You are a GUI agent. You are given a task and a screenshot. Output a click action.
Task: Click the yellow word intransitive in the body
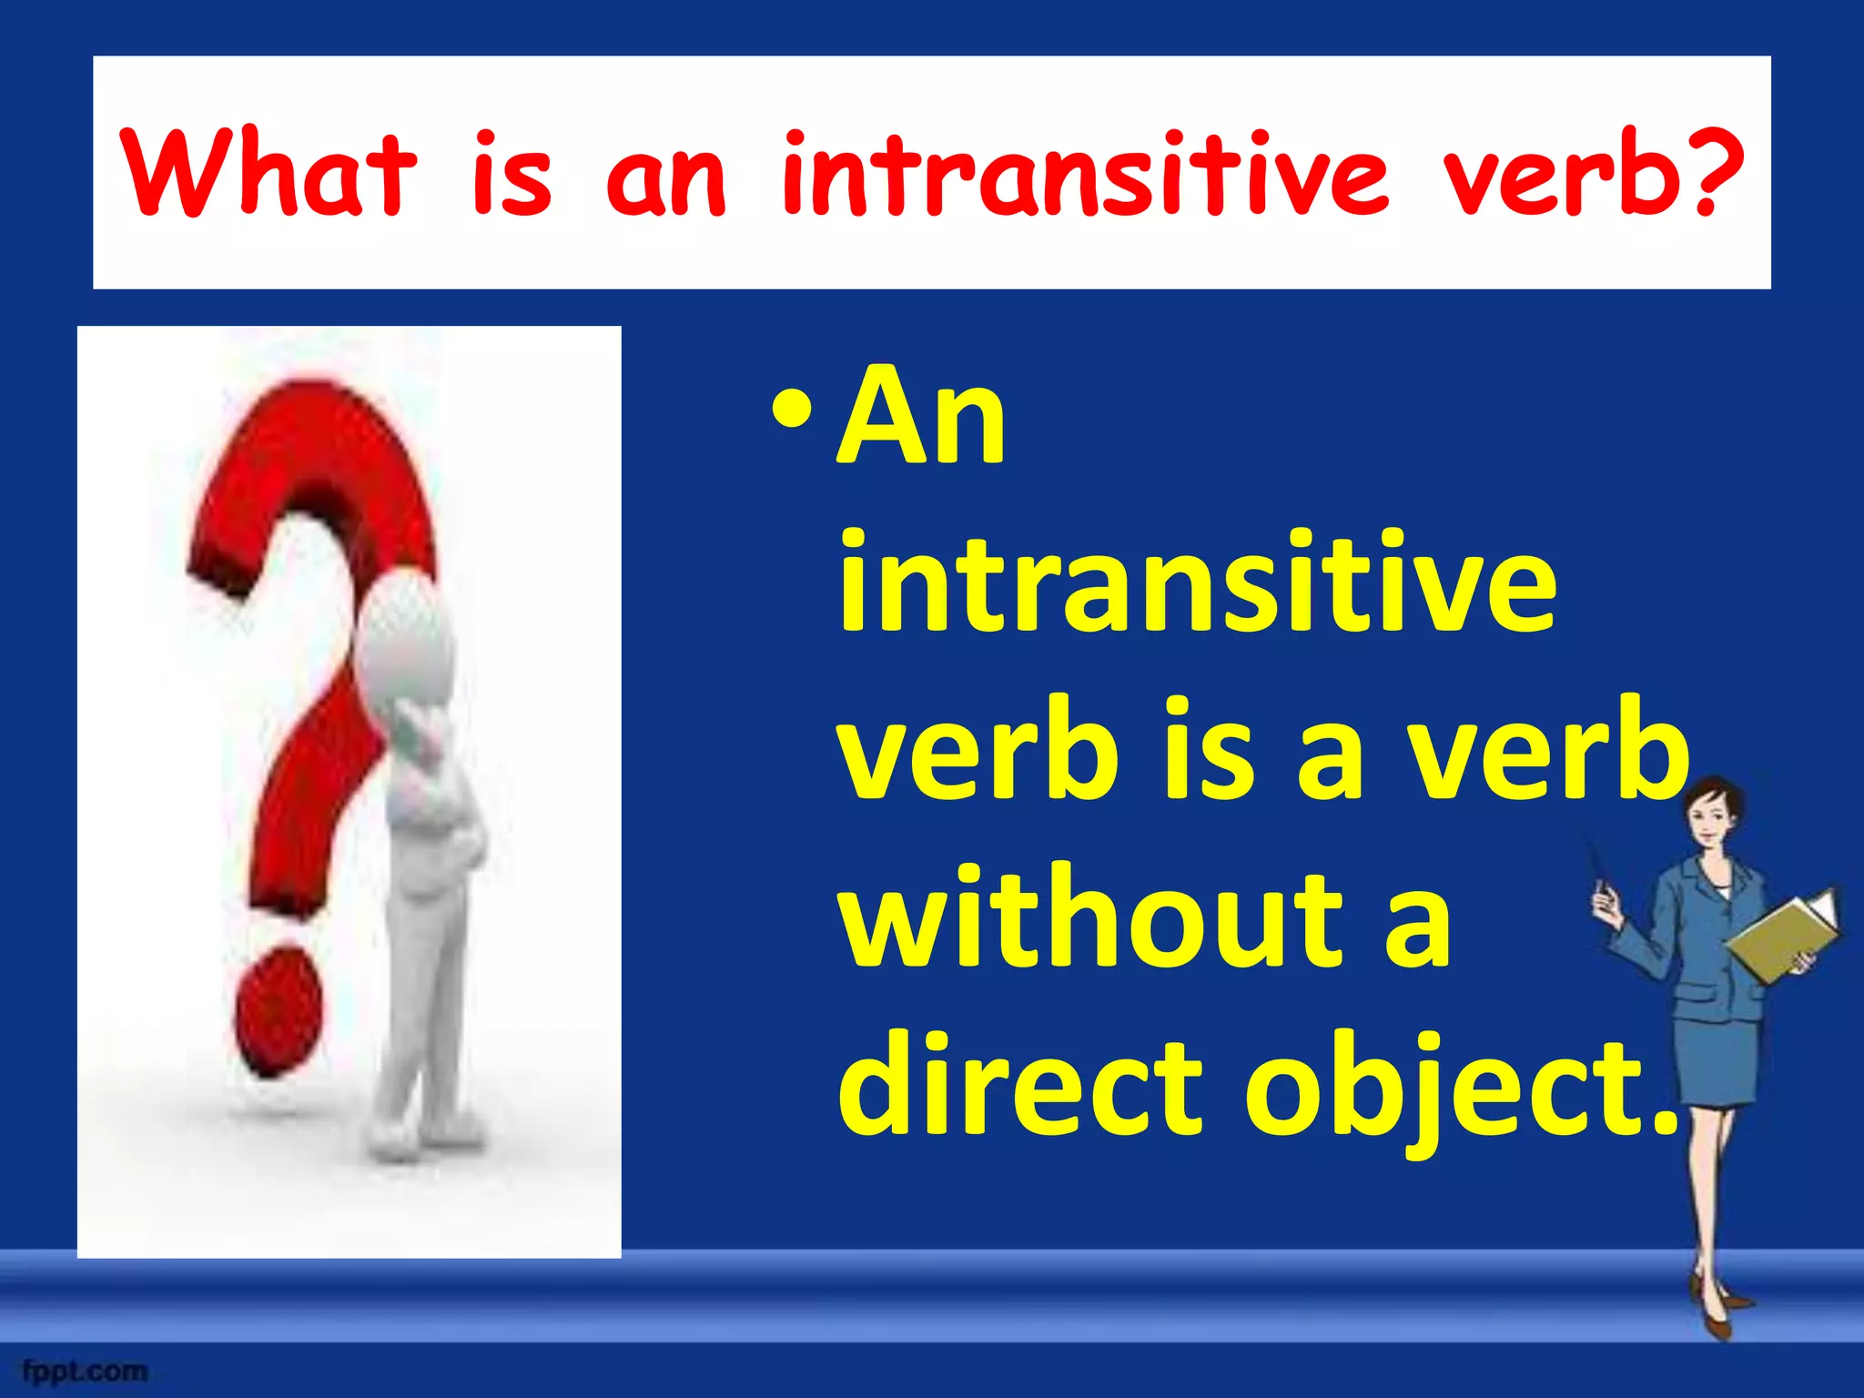pos(1197,582)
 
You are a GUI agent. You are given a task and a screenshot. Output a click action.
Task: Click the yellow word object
pos(1456,1088)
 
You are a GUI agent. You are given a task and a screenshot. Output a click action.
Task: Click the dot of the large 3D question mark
pos(278,1010)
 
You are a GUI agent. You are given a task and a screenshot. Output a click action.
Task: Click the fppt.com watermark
pos(86,1371)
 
